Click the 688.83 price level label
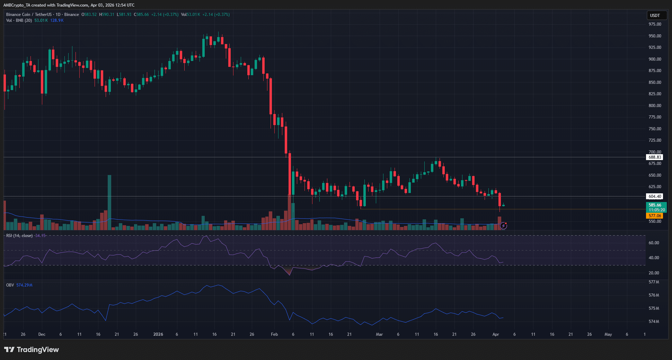point(655,157)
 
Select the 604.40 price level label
point(655,196)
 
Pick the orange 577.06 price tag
point(655,216)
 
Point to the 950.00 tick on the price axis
point(655,36)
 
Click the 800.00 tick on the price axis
point(655,106)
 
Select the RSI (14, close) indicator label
point(19,236)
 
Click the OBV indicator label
point(10,285)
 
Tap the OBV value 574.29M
point(24,285)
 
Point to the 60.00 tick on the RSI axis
point(654,243)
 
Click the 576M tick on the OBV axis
point(654,295)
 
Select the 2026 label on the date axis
point(158,334)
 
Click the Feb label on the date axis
point(274,334)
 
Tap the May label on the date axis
point(608,334)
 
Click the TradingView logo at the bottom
point(32,350)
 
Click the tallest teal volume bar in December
point(109,202)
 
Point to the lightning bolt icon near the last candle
point(503,226)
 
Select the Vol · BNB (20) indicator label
point(19,20)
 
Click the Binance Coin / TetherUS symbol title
point(29,15)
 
